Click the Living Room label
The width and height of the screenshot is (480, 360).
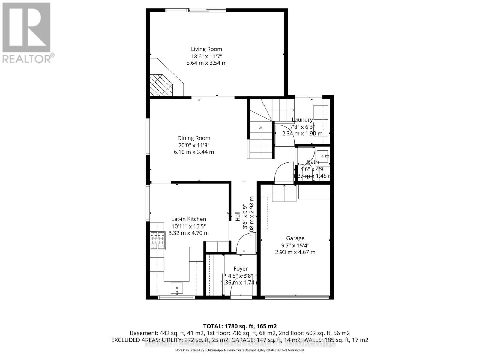click(x=206, y=49)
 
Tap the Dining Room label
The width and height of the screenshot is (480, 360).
click(x=194, y=138)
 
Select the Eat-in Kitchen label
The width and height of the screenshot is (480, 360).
click(x=189, y=219)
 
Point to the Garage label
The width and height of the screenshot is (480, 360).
click(x=295, y=238)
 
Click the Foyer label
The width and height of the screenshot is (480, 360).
click(x=241, y=269)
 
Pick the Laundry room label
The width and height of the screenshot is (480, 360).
click(x=302, y=120)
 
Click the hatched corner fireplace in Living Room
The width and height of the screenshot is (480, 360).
click(x=162, y=85)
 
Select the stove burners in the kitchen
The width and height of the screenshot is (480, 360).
click(x=158, y=241)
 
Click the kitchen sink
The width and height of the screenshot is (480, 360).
click(x=177, y=288)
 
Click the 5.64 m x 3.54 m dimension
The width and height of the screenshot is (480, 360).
click(x=206, y=63)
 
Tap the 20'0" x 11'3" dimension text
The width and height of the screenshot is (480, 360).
click(x=194, y=145)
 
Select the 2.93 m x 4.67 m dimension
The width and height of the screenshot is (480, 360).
click(x=295, y=252)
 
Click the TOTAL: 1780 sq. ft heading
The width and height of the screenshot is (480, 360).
click(x=240, y=326)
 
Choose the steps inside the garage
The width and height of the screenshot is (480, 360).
click(x=284, y=193)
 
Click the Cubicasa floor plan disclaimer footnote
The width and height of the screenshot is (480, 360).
click(x=240, y=350)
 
